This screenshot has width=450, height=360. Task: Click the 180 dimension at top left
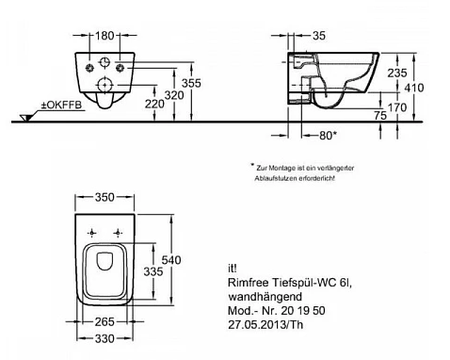coord(104,36)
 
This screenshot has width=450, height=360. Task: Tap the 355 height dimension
coord(191,83)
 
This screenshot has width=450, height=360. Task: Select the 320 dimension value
coord(174,95)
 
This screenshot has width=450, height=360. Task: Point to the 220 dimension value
coord(154,104)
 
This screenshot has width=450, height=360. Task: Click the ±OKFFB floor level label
coord(61,105)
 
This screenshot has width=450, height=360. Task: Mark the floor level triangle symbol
coord(25,118)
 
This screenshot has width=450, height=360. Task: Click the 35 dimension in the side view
coord(319,36)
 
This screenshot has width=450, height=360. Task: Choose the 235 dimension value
coord(397,74)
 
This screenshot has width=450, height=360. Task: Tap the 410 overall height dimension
coord(414,88)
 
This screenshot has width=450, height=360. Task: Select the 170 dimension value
coord(397,107)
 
